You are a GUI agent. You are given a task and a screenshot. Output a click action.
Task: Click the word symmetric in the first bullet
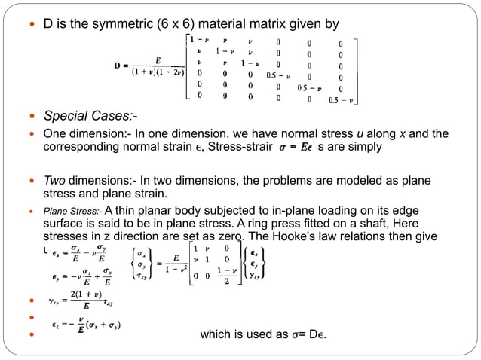pos(132,25)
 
